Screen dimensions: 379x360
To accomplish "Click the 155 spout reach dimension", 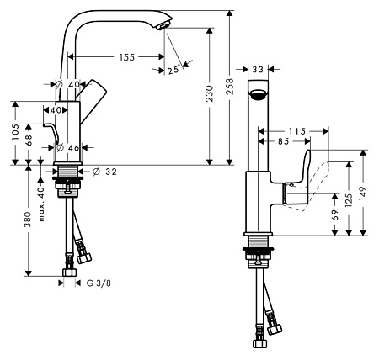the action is (x=127, y=57).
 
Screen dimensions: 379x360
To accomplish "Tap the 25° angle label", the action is (x=173, y=69).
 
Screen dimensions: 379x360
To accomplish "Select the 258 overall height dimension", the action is (x=230, y=87).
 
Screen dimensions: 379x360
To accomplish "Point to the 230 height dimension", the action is (x=209, y=93).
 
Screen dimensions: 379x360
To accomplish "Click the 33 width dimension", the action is (x=258, y=69).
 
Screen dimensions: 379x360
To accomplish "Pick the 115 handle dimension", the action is (x=297, y=131).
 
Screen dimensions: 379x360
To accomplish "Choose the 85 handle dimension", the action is (x=283, y=141).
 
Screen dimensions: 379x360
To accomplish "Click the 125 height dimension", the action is (x=349, y=199).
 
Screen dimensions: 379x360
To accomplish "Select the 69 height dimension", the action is (x=334, y=215).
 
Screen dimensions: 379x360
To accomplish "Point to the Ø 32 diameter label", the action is (x=104, y=172).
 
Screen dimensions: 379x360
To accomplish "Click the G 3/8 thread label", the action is (x=99, y=283).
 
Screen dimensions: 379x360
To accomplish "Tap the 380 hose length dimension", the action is (x=28, y=220).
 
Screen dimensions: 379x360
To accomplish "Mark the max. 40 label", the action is (x=41, y=204).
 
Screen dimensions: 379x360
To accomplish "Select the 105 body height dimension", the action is (x=15, y=132).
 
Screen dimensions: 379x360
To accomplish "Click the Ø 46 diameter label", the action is (x=68, y=147).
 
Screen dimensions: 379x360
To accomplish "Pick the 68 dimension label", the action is (x=29, y=140).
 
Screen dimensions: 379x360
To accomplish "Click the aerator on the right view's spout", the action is (x=259, y=94).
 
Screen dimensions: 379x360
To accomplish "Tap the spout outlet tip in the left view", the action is (x=163, y=25).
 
